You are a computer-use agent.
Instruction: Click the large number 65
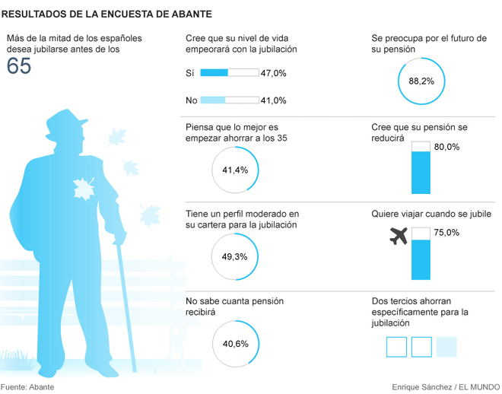[19, 66]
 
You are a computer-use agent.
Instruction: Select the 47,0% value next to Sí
[274, 73]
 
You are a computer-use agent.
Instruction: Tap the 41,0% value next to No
[274, 100]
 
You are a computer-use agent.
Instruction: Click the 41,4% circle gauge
[235, 170]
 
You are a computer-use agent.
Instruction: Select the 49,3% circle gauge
[235, 257]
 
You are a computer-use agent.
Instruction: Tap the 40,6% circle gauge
[235, 344]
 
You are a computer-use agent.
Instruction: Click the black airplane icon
[398, 237]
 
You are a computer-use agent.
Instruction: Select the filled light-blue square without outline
[447, 347]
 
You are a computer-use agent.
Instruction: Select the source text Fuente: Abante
[27, 386]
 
